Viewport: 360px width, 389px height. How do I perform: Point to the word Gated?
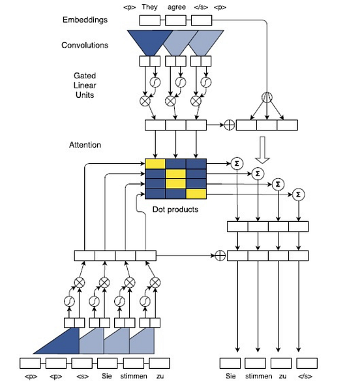85,76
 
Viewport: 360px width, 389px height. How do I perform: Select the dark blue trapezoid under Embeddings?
150,41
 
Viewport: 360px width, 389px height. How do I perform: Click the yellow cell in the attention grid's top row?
155,163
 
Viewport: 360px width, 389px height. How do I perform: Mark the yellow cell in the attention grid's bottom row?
195,193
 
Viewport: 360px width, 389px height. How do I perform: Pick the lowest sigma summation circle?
299,194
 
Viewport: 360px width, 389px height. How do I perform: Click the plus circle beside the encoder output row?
229,124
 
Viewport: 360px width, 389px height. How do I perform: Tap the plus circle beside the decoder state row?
220,255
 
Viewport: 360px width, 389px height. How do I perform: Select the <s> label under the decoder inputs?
82,377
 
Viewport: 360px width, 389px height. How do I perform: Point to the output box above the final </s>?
307,363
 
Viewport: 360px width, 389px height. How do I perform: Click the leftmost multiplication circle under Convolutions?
145,101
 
